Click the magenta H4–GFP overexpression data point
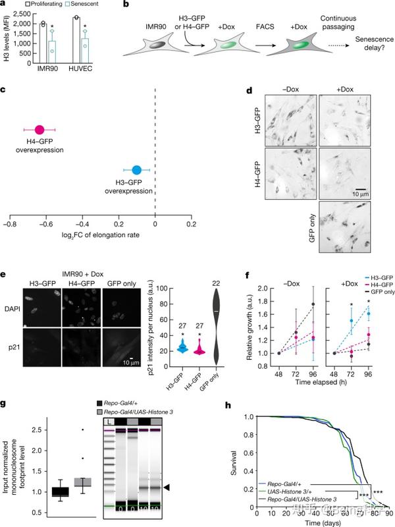coord(39,130)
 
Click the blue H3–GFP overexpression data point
coord(137,171)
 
